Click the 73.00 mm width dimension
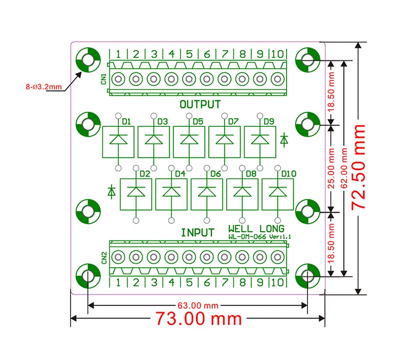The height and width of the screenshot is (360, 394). coord(198,319)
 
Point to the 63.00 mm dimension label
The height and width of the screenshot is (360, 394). coord(198,306)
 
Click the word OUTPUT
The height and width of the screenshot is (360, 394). coord(200,105)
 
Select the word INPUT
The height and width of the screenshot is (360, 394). coord(197,233)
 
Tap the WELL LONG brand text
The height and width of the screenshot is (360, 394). coord(256,228)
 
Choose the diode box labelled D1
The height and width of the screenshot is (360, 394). coord(119,142)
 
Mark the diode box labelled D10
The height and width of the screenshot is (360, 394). coord(278,194)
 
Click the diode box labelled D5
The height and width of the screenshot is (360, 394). coord(189,142)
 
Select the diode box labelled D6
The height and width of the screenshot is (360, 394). coord(206,194)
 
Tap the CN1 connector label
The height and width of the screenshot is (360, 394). coord(103,79)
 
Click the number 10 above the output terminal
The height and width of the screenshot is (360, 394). coord(278,54)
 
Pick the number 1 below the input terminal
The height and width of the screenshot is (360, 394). coord(118,283)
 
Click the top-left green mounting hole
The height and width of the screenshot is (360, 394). coord(87,59)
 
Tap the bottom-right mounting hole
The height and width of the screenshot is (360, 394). coord(308,274)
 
